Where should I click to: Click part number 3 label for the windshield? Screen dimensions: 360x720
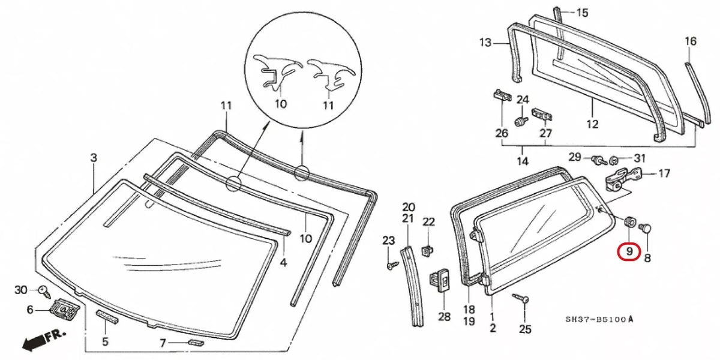(94, 158)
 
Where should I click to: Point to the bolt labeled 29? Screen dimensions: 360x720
(598, 160)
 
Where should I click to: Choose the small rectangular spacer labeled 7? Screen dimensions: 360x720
(195, 342)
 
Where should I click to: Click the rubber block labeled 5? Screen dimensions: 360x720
(107, 317)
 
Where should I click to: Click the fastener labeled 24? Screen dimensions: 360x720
(520, 121)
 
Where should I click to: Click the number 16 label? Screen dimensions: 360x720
(691, 41)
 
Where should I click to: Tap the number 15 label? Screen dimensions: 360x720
(583, 13)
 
